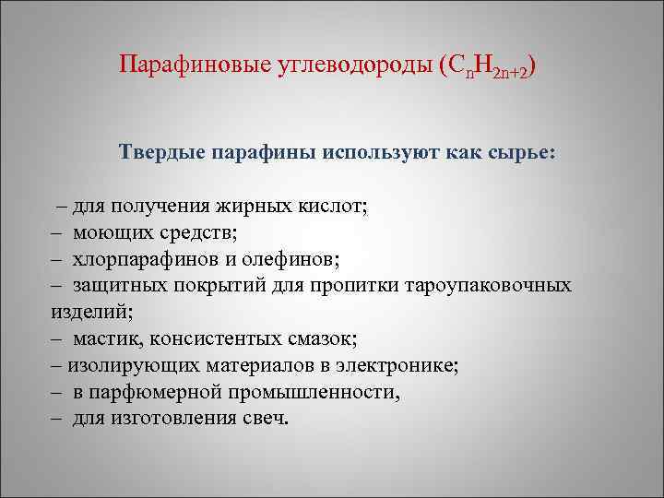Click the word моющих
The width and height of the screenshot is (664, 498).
[x=113, y=231]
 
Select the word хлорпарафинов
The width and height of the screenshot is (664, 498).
[x=148, y=258]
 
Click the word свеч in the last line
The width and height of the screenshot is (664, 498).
[x=265, y=419]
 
